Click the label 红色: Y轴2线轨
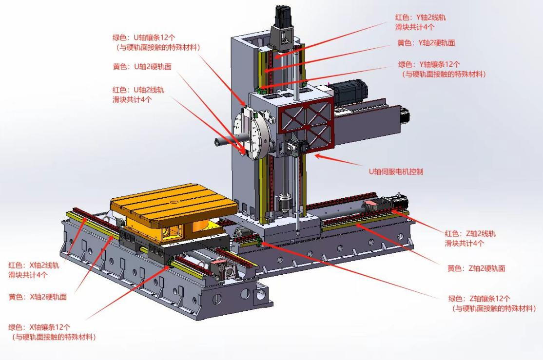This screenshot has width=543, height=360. point(420,18)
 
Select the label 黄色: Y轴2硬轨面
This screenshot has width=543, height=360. point(426,43)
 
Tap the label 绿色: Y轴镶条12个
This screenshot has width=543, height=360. point(429,64)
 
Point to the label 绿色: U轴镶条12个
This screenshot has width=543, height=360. point(144,38)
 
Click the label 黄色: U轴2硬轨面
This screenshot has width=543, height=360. point(142,66)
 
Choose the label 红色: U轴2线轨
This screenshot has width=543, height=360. point(138,90)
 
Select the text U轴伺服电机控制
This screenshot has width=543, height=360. point(396,171)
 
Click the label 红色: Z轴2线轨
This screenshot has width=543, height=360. point(470,234)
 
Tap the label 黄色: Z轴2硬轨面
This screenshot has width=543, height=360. point(476,268)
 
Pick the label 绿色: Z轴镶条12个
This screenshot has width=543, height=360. point(479,299)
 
